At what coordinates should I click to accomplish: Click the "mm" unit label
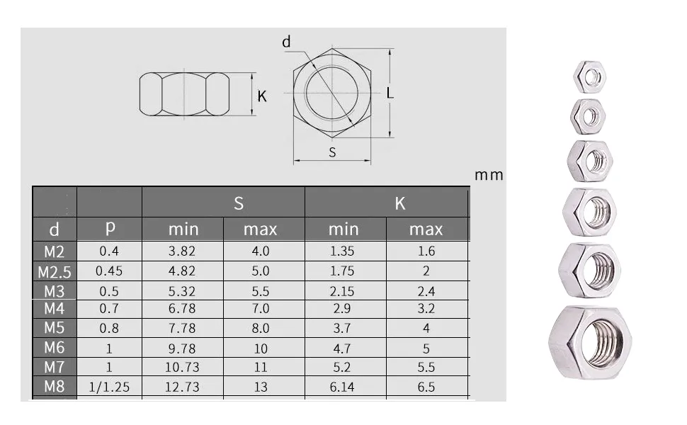tap(489, 175)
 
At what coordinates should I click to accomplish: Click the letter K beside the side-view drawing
tap(262, 96)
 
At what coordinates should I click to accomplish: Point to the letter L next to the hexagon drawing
tap(390, 93)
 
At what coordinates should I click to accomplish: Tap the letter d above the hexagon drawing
tap(286, 42)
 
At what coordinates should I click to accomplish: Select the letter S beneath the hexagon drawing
tap(332, 152)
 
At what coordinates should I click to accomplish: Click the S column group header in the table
tap(239, 203)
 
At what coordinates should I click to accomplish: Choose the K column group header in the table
tap(400, 203)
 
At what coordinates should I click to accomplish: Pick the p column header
tap(110, 228)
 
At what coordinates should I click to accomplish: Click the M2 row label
tap(55, 251)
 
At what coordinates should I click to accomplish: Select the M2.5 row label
tap(55, 271)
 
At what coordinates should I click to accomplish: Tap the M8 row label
tap(55, 387)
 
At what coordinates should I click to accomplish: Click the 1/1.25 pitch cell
tap(110, 387)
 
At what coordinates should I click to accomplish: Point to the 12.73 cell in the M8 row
tap(183, 387)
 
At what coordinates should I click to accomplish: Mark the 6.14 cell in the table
tap(344, 387)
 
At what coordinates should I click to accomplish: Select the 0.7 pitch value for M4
tap(110, 309)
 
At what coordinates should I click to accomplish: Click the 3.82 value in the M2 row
tap(183, 251)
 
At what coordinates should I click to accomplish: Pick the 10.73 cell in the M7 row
tap(183, 367)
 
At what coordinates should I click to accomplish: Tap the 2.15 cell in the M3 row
tap(344, 291)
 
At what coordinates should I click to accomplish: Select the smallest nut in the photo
tap(589, 76)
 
